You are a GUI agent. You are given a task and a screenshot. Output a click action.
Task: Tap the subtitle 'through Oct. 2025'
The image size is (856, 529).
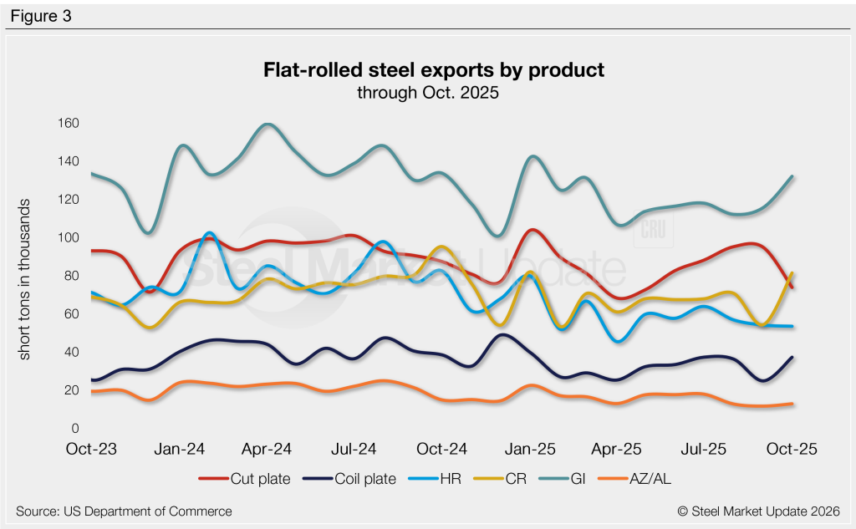coord(428,93)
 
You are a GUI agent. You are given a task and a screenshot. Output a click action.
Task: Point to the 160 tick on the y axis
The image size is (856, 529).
coord(68,124)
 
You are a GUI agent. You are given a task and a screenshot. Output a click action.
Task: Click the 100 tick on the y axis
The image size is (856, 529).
coord(68,238)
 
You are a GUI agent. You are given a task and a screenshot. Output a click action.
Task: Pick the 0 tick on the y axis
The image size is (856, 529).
coord(74,429)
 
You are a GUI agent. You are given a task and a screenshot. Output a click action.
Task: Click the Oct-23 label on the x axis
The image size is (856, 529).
coord(91,449)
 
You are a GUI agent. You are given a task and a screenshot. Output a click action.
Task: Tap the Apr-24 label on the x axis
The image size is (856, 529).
coord(267,449)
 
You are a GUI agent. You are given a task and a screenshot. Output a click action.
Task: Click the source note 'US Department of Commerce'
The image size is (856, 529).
coord(124,511)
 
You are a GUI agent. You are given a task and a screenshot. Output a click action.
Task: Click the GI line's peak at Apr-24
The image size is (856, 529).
coord(267,125)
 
